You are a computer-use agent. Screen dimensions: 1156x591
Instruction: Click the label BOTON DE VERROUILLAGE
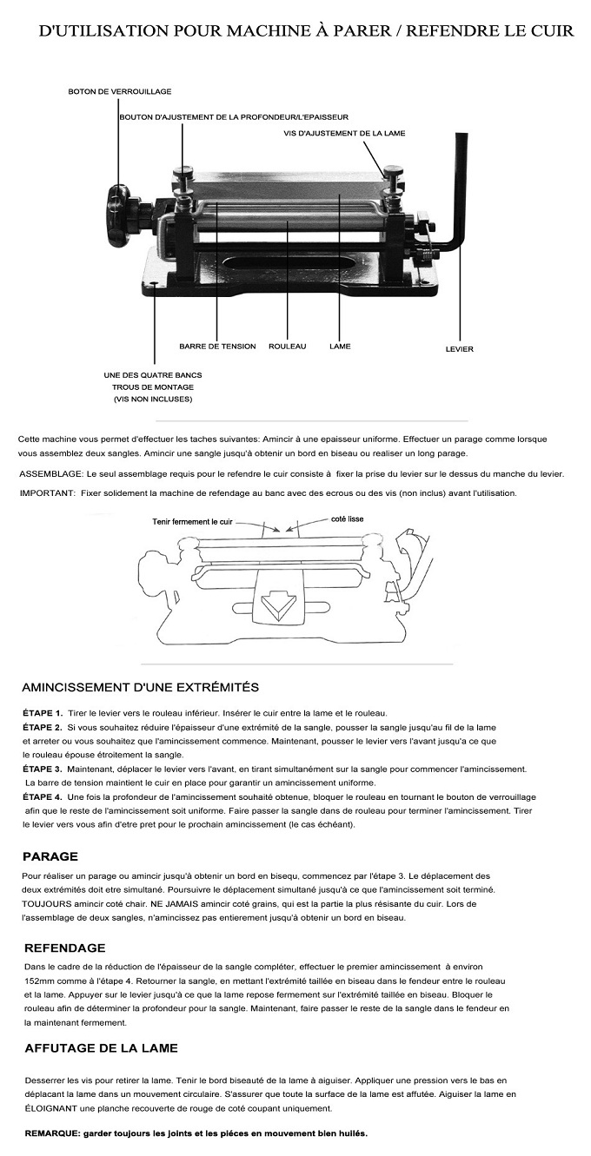point(120,91)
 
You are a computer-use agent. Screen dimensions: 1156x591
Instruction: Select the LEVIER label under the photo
point(459,349)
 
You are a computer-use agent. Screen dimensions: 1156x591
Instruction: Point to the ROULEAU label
point(288,347)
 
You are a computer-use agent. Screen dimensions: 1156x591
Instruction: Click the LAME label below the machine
point(340,347)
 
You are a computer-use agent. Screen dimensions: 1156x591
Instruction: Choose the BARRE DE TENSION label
point(217,347)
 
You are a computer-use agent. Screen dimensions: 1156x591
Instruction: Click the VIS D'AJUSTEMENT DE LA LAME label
point(344,133)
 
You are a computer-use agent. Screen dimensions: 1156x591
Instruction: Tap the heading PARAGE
point(50,855)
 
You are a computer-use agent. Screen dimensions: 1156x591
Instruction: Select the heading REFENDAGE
point(65,948)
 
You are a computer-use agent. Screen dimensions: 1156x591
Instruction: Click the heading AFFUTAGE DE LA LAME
point(101,1048)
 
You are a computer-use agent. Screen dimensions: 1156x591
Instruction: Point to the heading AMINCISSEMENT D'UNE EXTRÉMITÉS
point(140,687)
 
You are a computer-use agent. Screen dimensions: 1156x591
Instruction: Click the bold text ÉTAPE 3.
point(42,770)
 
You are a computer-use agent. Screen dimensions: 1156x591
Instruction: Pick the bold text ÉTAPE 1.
point(42,713)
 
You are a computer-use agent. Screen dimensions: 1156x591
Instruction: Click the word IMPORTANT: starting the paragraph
point(47,493)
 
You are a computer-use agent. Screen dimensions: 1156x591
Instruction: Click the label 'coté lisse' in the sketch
point(347,519)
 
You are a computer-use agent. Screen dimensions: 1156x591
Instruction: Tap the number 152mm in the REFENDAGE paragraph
point(41,981)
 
